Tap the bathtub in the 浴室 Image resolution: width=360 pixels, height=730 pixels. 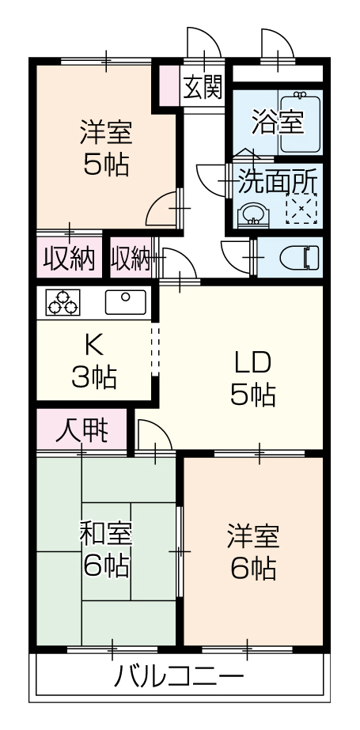[301, 122]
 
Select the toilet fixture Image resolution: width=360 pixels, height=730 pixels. [300, 258]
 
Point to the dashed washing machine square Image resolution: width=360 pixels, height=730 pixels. [301, 208]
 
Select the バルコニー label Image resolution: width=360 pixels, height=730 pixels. [179, 677]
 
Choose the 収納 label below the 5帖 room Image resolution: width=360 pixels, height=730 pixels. [69, 258]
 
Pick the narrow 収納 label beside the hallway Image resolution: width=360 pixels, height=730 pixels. [131, 258]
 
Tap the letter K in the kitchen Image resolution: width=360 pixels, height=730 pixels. [93, 345]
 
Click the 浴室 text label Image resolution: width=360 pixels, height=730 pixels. [278, 122]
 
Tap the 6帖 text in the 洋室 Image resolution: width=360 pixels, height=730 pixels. [253, 568]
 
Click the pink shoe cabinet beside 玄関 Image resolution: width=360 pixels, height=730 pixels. [169, 85]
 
